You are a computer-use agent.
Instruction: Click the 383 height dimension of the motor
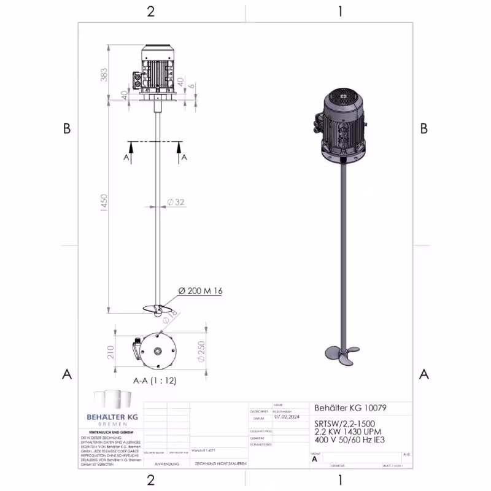pyautogui.click(x=104, y=74)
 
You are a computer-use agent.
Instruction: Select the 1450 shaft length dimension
pyautogui.click(x=104, y=201)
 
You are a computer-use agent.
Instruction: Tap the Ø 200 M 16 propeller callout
pyautogui.click(x=200, y=291)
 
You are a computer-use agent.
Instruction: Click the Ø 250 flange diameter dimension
pyautogui.click(x=200, y=352)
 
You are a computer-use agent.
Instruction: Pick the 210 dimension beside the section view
pyautogui.click(x=111, y=352)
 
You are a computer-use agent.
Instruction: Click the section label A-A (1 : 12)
pyautogui.click(x=155, y=381)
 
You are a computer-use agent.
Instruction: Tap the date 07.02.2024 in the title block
pyautogui.click(x=285, y=416)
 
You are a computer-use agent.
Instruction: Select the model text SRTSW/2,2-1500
pyautogui.click(x=340, y=423)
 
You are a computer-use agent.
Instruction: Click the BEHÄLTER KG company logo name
pyautogui.click(x=112, y=417)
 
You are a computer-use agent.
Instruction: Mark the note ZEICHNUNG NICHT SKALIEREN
pyautogui.click(x=220, y=464)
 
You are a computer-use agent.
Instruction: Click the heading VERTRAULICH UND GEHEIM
pyautogui.click(x=112, y=432)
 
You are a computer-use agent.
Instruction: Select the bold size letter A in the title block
pyautogui.click(x=315, y=458)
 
